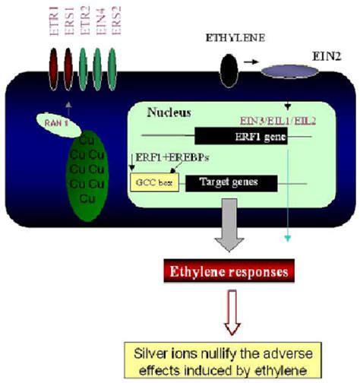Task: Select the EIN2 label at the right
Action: click(324, 58)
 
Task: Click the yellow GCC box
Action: click(147, 183)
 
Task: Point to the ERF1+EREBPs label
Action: click(165, 158)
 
